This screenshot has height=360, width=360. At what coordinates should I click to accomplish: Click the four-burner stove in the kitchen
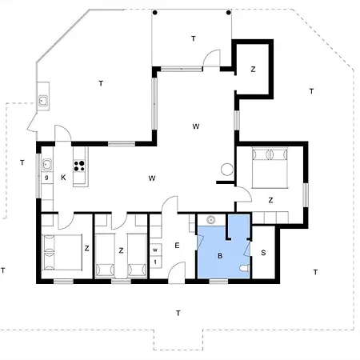[x=79, y=166]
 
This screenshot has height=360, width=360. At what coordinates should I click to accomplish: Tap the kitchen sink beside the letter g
[x=47, y=165]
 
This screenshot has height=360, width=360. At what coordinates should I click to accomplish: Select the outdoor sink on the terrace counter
[x=43, y=101]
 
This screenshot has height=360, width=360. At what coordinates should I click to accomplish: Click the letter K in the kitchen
[x=63, y=178]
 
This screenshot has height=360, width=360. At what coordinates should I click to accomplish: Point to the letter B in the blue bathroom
[x=220, y=256]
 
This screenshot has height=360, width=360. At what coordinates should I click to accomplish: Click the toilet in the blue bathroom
[x=245, y=268]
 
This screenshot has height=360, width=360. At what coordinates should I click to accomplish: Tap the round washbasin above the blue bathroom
[x=211, y=220]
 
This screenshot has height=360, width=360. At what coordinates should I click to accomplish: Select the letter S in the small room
[x=263, y=253]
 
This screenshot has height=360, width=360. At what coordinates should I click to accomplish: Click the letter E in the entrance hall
[x=177, y=246]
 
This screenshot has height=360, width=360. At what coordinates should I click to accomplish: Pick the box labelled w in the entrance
[x=155, y=250]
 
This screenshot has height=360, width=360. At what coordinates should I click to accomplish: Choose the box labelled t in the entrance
[x=155, y=262]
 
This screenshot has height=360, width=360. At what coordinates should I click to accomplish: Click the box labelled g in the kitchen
[x=47, y=178]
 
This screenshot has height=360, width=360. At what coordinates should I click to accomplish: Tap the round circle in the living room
[x=227, y=170]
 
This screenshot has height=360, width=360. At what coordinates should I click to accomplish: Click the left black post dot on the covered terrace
[x=155, y=13]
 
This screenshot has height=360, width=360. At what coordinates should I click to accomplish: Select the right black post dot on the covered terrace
[x=229, y=13]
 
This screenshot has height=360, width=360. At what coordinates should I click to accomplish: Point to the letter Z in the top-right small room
[x=253, y=70]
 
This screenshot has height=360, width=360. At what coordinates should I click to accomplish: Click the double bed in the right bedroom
[x=270, y=168]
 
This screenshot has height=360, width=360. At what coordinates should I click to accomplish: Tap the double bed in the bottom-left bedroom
[x=62, y=252]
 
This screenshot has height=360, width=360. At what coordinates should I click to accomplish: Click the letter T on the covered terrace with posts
[x=194, y=38]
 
